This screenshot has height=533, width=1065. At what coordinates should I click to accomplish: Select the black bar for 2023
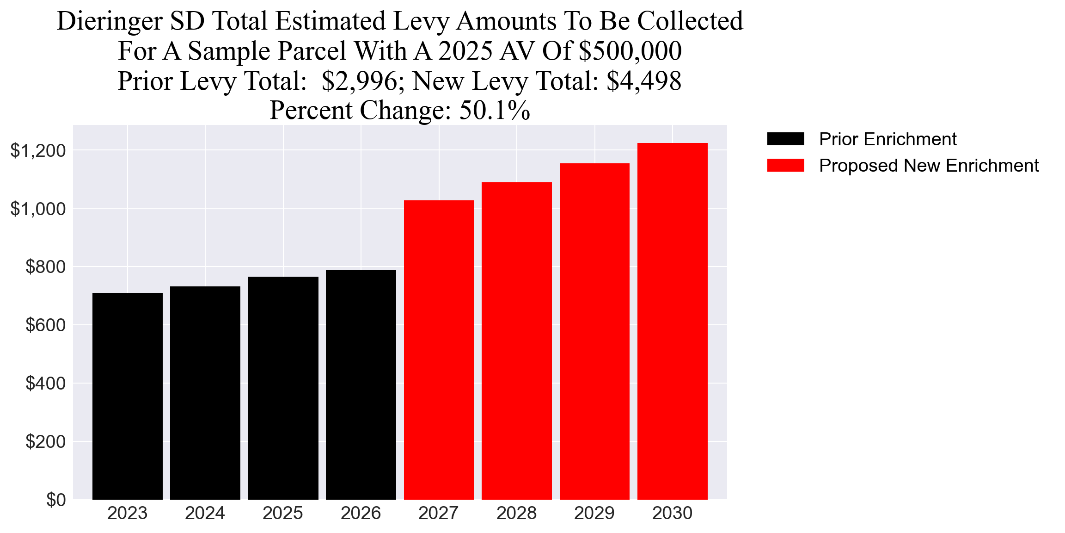pos(128,396)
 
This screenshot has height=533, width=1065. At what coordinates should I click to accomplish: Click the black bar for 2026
pos(361,385)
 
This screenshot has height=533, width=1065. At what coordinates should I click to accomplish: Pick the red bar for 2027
pos(439,350)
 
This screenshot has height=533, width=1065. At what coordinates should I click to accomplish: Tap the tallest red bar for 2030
pos(673,321)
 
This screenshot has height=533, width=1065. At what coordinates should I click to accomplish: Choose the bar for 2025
pos(283,388)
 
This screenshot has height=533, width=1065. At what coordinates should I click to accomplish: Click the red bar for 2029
pos(594,331)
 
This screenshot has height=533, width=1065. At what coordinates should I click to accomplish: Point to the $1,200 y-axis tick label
pos(38,151)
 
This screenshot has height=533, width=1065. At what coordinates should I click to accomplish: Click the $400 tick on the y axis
pos(45,384)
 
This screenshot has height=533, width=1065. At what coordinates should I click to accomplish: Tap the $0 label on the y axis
pos(56,500)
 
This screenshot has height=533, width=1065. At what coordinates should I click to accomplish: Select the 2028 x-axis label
pos(516,514)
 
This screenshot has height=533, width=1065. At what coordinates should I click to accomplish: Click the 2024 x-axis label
pos(205,514)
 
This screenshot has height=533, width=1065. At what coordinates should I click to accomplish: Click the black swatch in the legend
pos(785,139)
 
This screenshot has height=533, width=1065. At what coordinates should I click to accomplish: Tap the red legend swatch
pos(785,165)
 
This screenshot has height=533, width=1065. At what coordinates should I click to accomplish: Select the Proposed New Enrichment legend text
pos(929,166)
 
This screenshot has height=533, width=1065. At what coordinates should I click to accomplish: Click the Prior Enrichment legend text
pos(887,139)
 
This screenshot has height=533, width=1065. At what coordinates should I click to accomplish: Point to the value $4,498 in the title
pos(644,81)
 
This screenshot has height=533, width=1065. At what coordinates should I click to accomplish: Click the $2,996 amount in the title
pos(359,81)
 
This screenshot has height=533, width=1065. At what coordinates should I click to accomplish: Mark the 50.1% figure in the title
pos(494,111)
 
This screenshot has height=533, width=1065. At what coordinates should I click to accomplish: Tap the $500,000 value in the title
pos(630,51)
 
